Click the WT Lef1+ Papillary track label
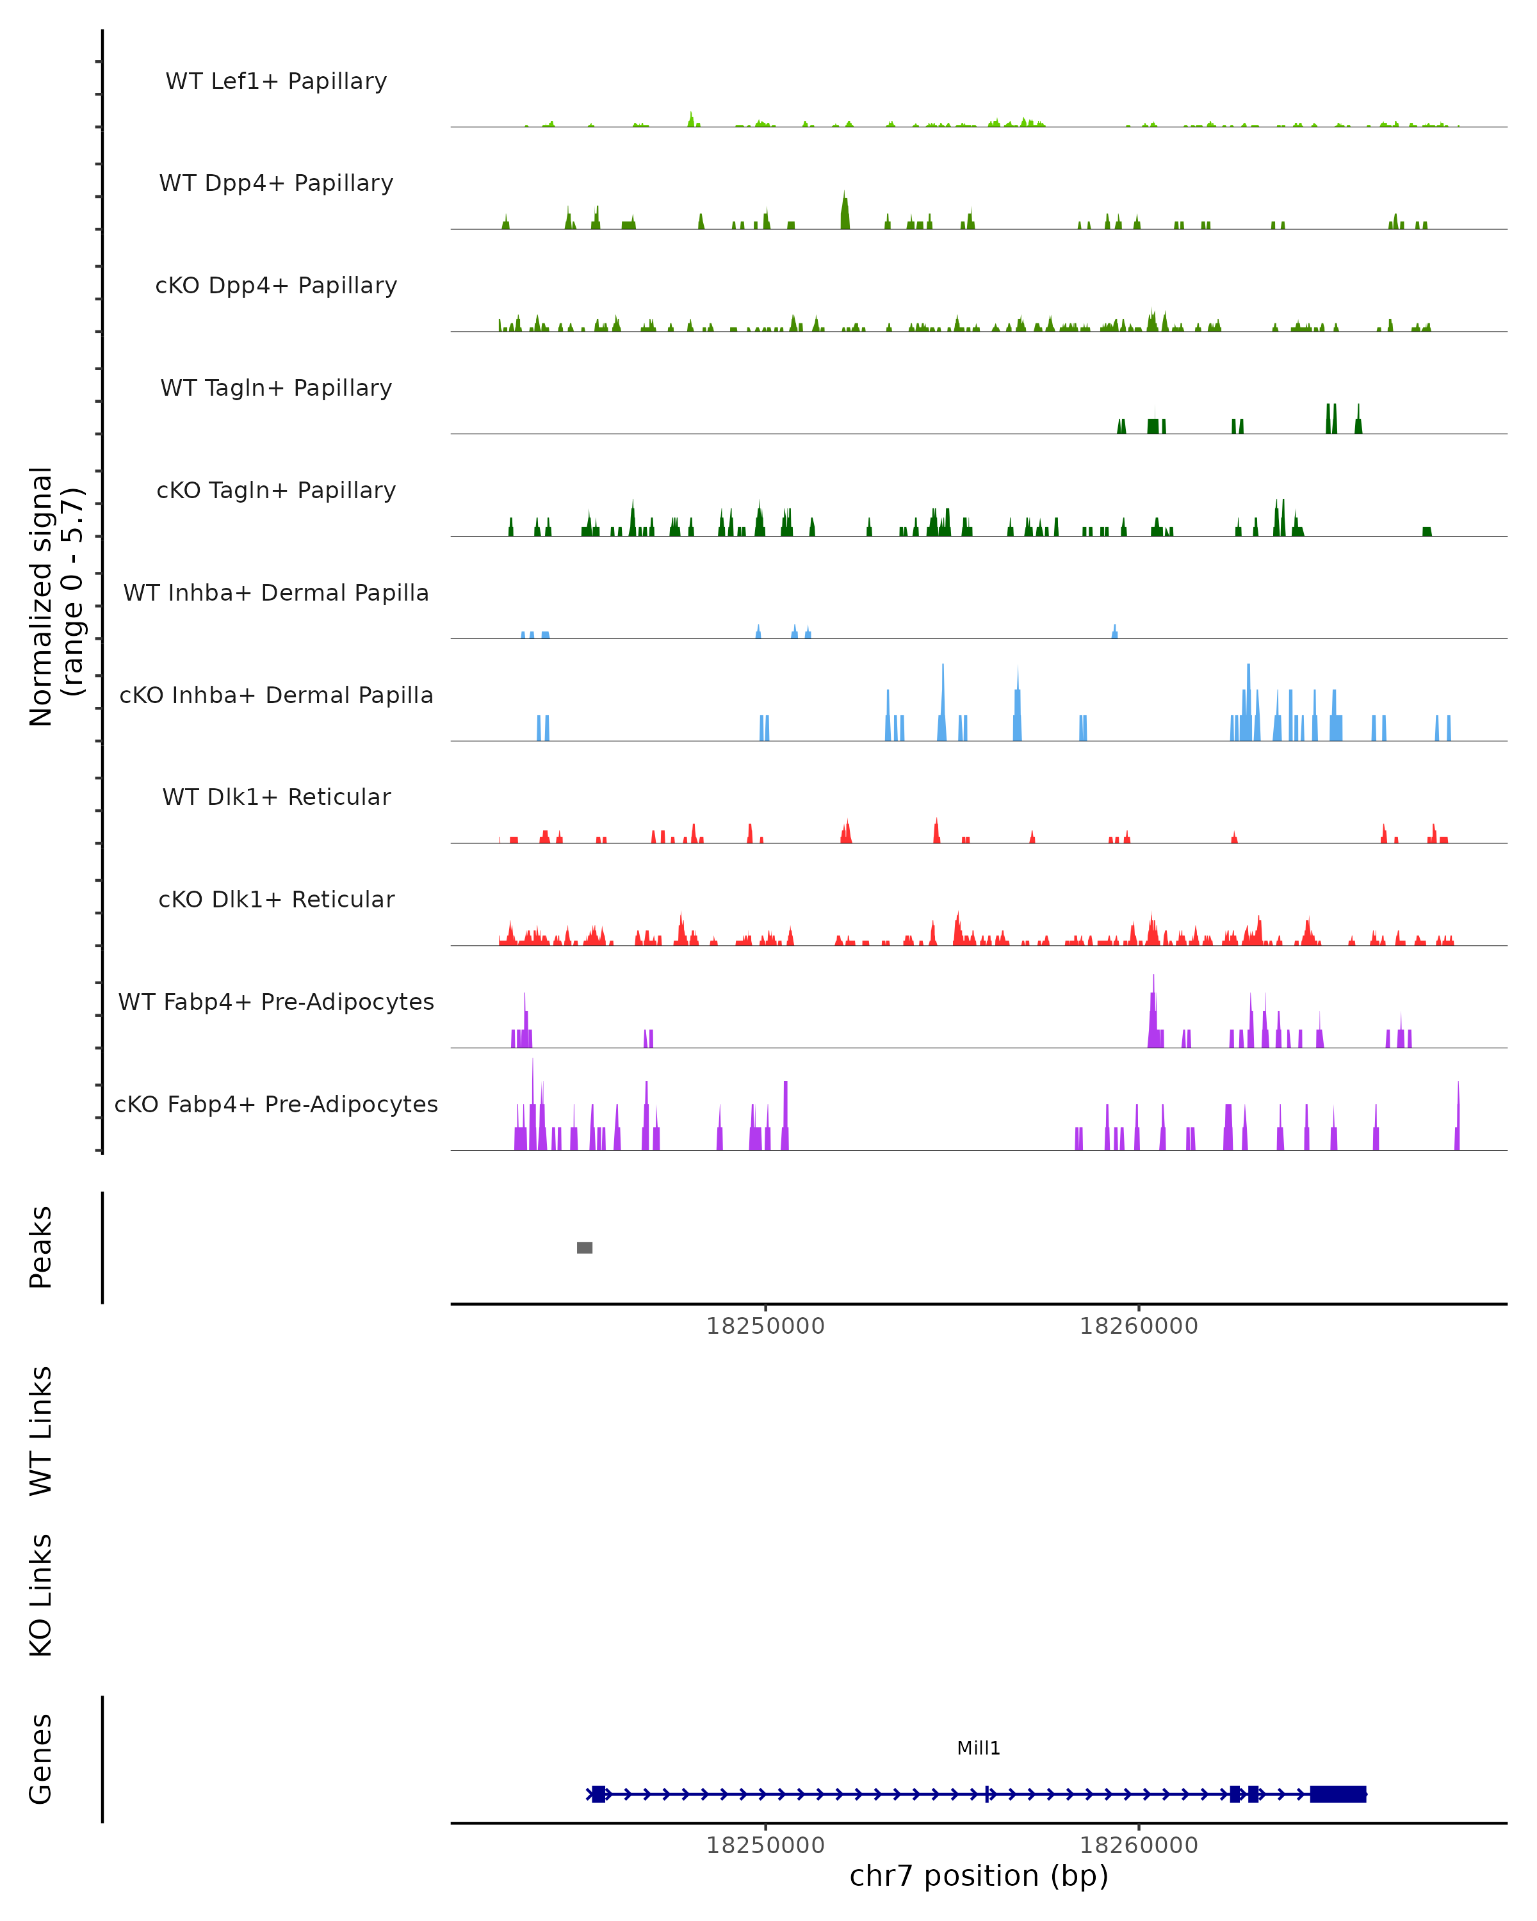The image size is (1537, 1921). pos(276,81)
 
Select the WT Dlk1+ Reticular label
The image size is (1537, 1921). pos(276,797)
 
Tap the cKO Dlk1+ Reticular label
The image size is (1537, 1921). pos(276,899)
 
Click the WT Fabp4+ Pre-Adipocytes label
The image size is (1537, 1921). pos(276,1001)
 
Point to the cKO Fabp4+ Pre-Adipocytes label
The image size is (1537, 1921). pos(276,1104)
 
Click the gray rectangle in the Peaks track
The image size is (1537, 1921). pos(585,1247)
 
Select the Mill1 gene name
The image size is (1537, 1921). pos(979,1748)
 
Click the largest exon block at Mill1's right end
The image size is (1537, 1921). pos(1337,1794)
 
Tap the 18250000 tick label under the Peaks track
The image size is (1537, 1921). pos(765,1326)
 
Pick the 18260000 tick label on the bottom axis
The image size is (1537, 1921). pos(1139,1845)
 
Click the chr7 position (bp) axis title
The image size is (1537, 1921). pos(979,1876)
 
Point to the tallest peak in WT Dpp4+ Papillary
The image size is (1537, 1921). pos(845,212)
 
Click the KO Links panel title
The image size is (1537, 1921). pos(41,1596)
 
